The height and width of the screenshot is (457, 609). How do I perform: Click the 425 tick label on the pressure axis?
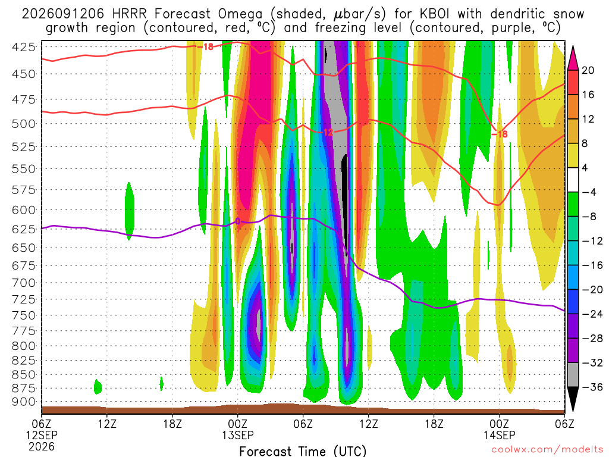24,48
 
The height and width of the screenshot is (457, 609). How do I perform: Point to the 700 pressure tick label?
24,283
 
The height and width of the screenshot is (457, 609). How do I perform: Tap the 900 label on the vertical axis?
24,402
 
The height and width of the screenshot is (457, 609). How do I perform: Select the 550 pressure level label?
24,168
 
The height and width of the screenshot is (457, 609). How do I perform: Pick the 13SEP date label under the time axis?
238,435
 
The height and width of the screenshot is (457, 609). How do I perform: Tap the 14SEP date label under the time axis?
500,435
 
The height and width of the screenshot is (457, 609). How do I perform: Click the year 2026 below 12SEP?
42,446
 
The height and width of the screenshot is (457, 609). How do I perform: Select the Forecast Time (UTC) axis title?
303,451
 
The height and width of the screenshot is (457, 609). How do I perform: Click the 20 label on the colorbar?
588,70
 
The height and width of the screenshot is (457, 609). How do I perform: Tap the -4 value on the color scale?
589,192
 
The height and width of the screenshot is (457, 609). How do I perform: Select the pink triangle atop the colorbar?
573,58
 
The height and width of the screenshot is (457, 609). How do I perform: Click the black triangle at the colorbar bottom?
573,399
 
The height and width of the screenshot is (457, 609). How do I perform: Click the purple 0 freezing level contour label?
238,221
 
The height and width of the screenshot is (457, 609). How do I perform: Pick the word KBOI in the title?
435,14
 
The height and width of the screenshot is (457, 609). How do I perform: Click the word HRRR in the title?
130,14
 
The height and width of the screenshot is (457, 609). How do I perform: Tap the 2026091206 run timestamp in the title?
63,14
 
